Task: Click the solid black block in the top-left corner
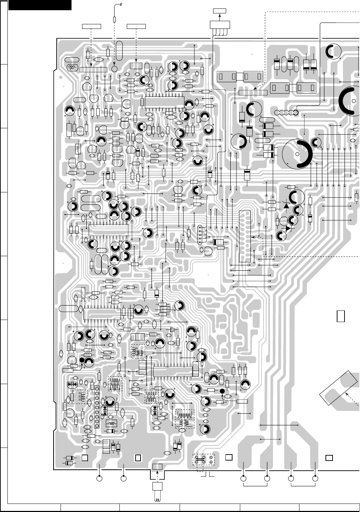pyautogui.click(x=40, y=5)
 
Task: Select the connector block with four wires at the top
pyautogui.click(x=220, y=25)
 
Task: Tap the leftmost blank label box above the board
pyautogui.click(x=91, y=26)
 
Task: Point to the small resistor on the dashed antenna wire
pyautogui.click(x=114, y=19)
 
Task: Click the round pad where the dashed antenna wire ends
pyautogui.click(x=114, y=68)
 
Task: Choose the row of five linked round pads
pyautogui.click(x=286, y=113)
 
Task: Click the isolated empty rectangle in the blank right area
pyautogui.click(x=341, y=316)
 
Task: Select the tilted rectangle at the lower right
pyautogui.click(x=339, y=388)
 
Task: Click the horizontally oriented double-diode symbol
pyautogui.click(x=72, y=384)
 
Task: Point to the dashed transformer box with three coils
pyautogui.click(x=185, y=418)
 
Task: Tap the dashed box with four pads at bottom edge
pyautogui.click(x=203, y=460)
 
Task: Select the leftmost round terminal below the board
pyautogui.click(x=100, y=479)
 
